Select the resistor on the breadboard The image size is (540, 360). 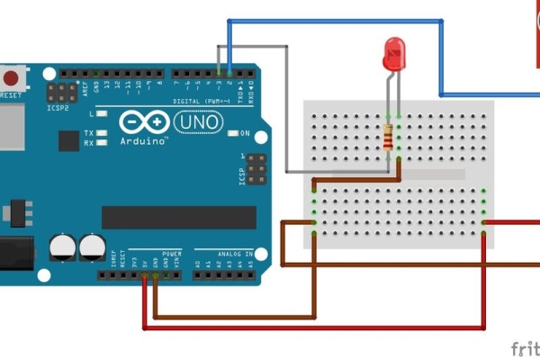[x=389, y=138]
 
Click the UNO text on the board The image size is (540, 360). [x=195, y=121]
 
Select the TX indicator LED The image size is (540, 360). [x=103, y=133]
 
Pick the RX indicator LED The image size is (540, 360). [x=103, y=142]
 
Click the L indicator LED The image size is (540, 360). [x=103, y=114]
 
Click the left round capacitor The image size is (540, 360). [x=63, y=247]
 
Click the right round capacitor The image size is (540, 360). [x=91, y=247]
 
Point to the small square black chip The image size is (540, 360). [x=68, y=140]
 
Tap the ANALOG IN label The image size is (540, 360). [x=226, y=254]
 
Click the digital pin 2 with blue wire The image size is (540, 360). [x=229, y=71]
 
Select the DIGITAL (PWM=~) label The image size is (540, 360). [x=203, y=102]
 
